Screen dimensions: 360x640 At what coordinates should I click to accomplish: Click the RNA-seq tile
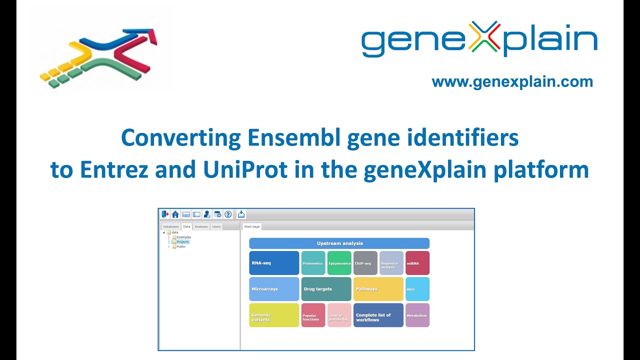(x=274, y=263)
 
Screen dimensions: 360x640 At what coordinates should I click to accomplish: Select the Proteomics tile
(x=313, y=263)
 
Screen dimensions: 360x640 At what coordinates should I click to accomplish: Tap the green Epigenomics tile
(x=339, y=263)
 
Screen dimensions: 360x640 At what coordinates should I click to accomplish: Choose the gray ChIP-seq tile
(x=365, y=263)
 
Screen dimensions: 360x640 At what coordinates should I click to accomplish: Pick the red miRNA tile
(x=417, y=263)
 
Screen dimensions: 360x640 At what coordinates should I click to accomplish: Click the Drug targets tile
(x=326, y=289)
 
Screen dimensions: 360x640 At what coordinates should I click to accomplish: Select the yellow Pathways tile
(x=378, y=289)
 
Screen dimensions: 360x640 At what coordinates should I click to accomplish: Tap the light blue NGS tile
(x=417, y=289)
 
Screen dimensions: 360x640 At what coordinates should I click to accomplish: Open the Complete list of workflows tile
(x=378, y=315)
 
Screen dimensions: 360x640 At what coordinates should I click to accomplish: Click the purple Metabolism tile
(x=417, y=315)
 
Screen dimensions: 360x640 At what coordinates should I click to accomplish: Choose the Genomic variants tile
(x=274, y=315)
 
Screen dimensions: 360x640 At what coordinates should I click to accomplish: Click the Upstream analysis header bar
(x=339, y=243)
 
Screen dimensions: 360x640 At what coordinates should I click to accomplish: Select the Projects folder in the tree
(x=182, y=242)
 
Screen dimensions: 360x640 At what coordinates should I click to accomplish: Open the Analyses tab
(x=201, y=226)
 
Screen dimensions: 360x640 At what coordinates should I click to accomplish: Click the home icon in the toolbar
(x=175, y=214)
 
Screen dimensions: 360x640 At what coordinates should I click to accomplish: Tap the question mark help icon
(x=228, y=214)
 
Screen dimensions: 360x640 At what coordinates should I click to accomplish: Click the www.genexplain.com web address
(x=512, y=82)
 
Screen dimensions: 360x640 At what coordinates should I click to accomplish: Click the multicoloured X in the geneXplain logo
(x=486, y=37)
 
